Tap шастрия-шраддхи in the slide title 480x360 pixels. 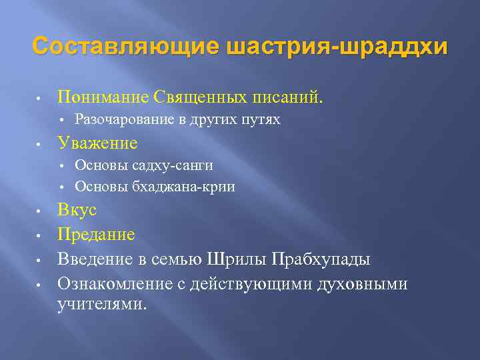coord(337,47)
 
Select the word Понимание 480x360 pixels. coord(103,97)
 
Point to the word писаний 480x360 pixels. coord(287,97)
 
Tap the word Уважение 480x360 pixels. coord(97,143)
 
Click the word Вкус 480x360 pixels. coord(77,210)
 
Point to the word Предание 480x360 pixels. coord(96,234)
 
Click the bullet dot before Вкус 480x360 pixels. coord(40,211)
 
